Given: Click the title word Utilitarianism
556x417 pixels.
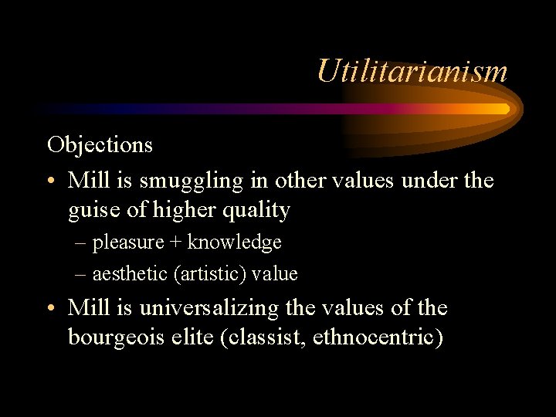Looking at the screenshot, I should click(412, 71).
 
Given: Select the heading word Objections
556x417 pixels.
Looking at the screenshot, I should click(100, 144).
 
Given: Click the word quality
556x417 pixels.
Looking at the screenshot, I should click(254, 210).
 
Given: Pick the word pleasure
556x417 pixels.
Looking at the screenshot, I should click(128, 242).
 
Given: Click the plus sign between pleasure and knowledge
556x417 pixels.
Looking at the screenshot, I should click(176, 242).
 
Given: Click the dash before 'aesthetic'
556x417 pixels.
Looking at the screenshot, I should click(81, 274).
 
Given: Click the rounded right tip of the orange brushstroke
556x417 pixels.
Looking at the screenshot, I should click(505, 109).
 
